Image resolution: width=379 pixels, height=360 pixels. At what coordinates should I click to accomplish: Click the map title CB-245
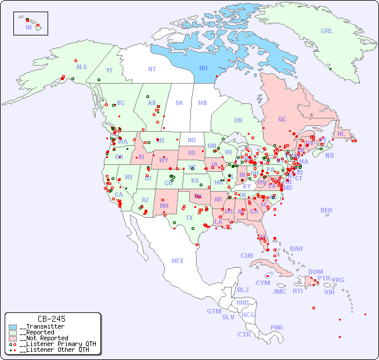click(51, 319)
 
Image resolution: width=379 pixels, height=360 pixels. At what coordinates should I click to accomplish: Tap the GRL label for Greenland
click(327, 31)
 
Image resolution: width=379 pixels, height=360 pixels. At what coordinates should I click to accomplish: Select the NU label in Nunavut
click(203, 68)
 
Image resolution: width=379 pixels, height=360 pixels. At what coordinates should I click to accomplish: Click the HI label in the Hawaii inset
click(28, 27)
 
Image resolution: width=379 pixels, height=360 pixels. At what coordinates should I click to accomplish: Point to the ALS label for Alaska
click(81, 67)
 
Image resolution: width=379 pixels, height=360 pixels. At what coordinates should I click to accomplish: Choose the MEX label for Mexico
click(178, 261)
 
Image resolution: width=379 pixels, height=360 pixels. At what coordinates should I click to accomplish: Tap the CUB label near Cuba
click(247, 255)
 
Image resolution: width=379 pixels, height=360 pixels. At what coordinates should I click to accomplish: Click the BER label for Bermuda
click(326, 210)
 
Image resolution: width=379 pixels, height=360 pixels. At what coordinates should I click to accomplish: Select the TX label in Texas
click(189, 218)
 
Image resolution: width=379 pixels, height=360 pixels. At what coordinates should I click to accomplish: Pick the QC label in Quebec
click(282, 119)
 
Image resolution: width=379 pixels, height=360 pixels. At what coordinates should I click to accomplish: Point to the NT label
click(151, 69)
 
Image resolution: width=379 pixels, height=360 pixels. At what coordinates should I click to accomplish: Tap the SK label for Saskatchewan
click(179, 103)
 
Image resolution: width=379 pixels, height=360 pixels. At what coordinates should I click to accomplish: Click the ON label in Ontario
click(238, 120)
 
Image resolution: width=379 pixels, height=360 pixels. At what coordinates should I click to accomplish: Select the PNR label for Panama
click(277, 327)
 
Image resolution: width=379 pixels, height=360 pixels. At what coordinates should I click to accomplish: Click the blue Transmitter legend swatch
click(13, 327)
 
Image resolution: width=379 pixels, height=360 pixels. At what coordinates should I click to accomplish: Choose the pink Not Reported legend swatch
click(13, 338)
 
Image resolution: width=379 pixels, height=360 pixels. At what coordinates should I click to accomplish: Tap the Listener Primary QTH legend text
click(57, 344)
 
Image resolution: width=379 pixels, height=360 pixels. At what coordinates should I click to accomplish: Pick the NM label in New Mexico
click(164, 205)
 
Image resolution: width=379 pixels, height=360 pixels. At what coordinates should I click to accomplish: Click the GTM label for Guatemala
click(214, 311)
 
